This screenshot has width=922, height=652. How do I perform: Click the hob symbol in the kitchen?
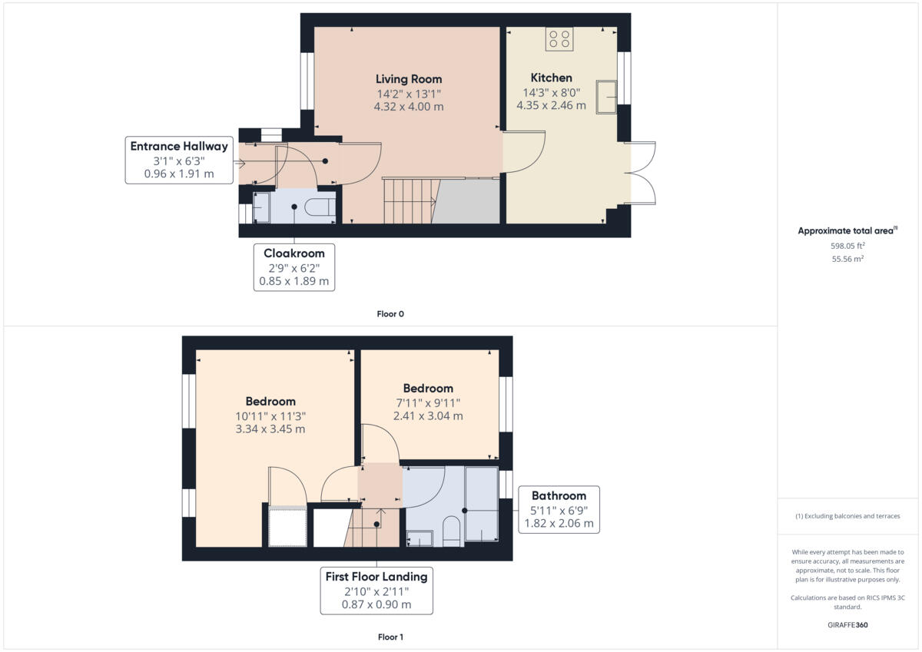(x=559, y=39)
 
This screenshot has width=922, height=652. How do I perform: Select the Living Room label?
(x=409, y=79)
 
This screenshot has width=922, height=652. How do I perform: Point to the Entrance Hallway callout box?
(x=179, y=160)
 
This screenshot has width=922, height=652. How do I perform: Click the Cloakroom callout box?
(x=294, y=267)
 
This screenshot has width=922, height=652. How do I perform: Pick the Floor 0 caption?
(x=390, y=314)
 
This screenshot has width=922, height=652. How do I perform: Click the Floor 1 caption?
(x=390, y=637)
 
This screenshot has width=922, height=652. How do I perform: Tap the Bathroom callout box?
(x=559, y=510)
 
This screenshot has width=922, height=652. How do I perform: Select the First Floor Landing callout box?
(x=376, y=591)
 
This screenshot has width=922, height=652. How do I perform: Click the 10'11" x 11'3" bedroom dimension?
(x=270, y=415)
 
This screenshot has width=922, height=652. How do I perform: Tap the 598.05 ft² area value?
(x=847, y=246)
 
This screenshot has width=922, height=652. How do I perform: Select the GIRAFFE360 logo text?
(x=847, y=625)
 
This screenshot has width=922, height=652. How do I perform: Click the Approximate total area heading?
(x=847, y=230)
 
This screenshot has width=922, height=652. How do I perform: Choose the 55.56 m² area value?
(x=847, y=260)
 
